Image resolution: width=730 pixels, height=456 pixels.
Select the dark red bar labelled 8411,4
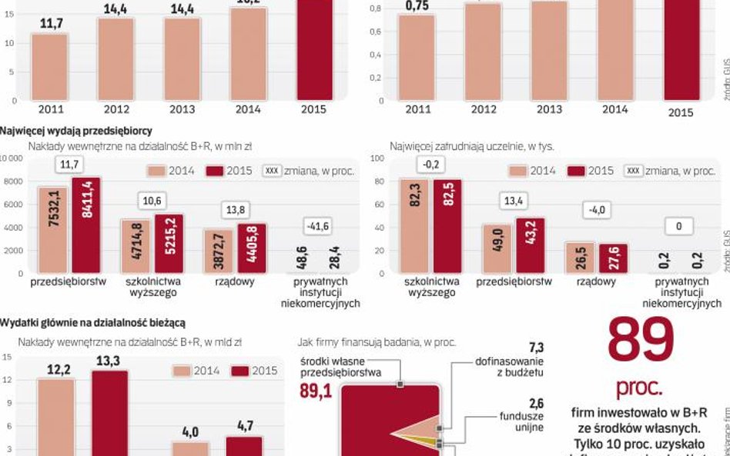(86, 225)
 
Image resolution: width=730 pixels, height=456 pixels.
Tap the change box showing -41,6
(319, 226)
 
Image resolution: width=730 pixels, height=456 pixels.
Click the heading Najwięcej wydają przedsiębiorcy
(76, 131)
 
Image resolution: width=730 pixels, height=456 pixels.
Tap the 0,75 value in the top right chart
(417, 6)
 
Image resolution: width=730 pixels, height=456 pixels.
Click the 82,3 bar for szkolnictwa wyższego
(415, 226)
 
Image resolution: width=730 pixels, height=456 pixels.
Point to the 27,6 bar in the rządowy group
(613, 258)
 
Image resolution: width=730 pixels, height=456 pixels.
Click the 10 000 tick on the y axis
(12, 158)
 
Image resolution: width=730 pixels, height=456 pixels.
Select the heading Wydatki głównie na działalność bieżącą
(92, 322)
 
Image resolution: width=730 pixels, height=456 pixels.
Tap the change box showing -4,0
(596, 211)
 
